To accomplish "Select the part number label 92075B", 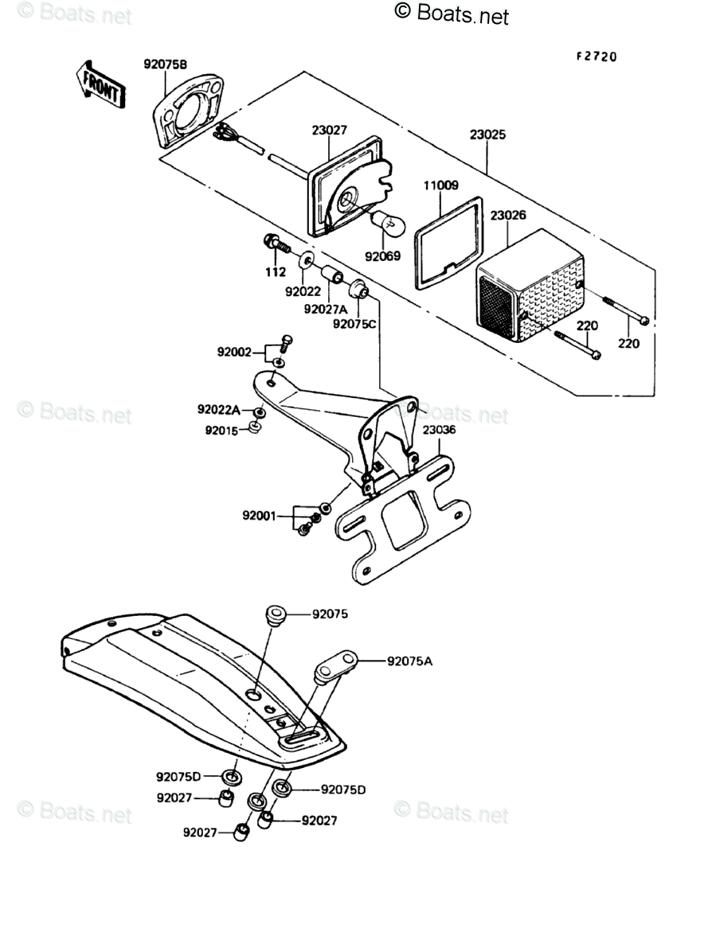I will [x=166, y=65].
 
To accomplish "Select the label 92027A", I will [x=325, y=309].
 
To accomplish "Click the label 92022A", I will [x=219, y=409].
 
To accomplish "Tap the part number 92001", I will [x=259, y=515].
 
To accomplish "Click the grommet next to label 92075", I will [x=275, y=616].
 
